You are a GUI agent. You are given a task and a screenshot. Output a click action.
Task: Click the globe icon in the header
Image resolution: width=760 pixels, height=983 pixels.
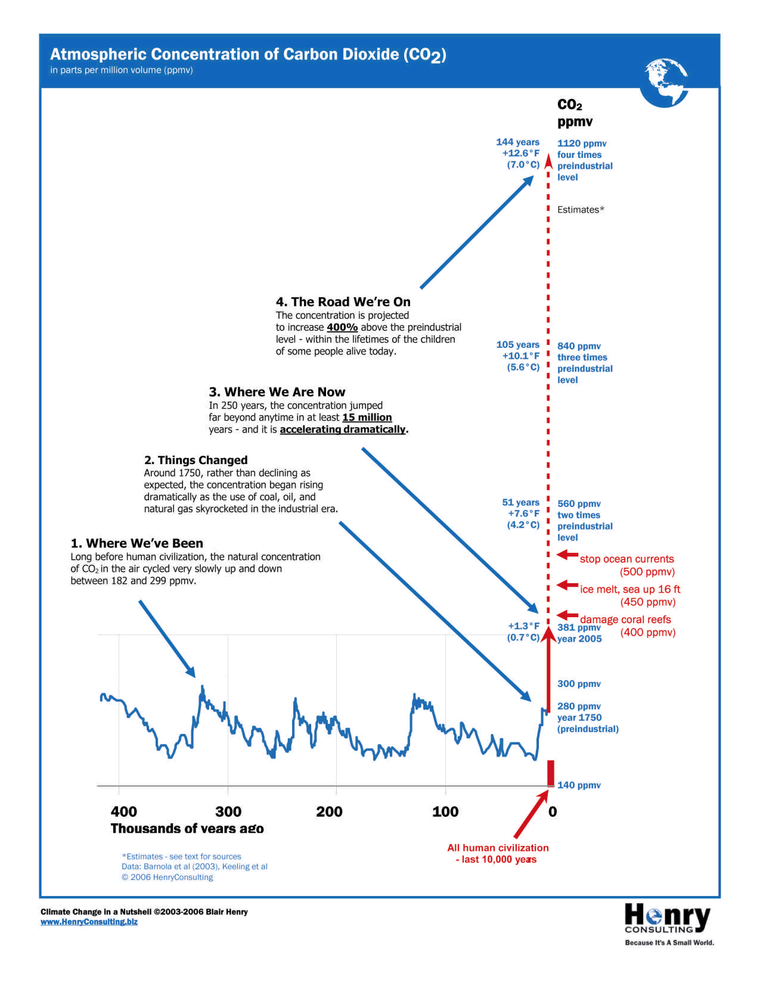tap(665, 83)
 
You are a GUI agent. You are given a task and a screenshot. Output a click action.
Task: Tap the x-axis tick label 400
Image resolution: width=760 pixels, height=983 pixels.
tap(124, 811)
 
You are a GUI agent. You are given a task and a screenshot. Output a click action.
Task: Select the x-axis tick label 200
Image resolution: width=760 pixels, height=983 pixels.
tap(329, 811)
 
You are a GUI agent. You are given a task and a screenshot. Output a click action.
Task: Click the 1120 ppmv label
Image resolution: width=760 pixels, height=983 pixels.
tap(582, 144)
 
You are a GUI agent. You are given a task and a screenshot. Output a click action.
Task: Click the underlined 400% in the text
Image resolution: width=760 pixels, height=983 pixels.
tap(342, 327)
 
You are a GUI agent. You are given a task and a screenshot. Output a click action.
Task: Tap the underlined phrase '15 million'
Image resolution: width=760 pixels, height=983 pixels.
tap(367, 417)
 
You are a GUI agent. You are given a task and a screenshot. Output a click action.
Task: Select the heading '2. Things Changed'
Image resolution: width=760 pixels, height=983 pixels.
tap(196, 460)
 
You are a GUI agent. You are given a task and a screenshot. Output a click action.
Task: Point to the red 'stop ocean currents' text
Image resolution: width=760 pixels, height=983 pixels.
tap(627, 559)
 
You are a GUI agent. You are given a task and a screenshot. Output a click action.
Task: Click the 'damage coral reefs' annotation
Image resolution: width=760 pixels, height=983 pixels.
tap(625, 620)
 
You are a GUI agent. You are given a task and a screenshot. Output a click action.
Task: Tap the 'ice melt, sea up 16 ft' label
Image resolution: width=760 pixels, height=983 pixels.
tap(630, 589)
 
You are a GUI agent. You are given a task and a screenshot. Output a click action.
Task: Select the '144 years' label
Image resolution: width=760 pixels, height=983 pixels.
tap(517, 142)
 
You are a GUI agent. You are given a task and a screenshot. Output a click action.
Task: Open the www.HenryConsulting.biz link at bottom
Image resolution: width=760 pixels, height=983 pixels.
tap(89, 922)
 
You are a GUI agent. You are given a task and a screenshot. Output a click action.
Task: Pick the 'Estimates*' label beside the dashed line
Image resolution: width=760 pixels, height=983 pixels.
tap(580, 210)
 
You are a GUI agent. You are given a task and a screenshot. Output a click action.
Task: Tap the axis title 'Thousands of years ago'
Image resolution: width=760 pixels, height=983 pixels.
tap(187, 829)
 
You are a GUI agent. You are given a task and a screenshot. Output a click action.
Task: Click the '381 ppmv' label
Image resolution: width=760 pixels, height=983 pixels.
tap(578, 627)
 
